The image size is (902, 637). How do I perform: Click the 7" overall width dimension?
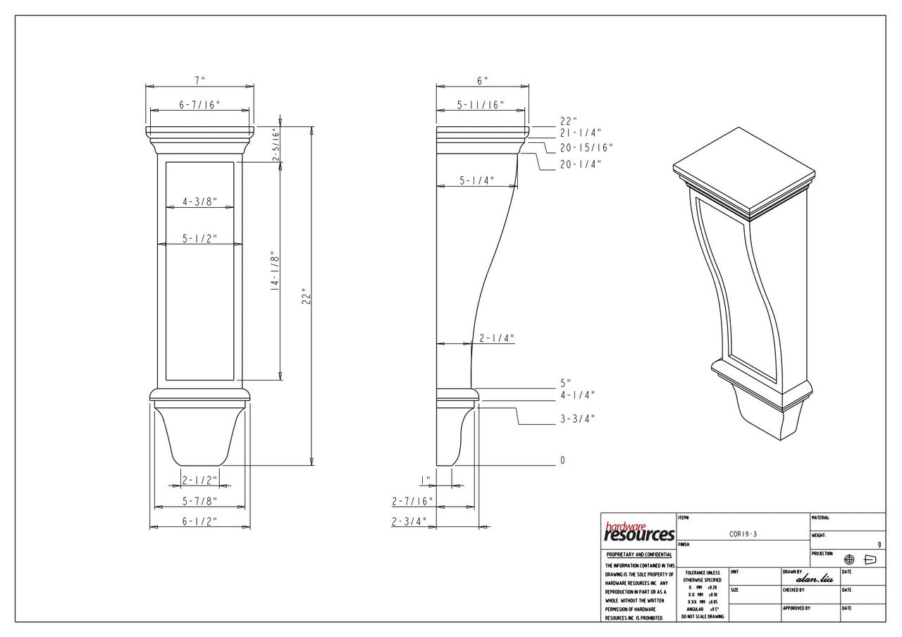200,80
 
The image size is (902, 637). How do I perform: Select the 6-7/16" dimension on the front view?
199,105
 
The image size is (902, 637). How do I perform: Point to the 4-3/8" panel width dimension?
199,202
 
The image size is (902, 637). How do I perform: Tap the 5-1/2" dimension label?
199,239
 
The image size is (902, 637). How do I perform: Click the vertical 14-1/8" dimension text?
275,273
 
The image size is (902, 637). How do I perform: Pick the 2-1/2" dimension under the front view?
200,481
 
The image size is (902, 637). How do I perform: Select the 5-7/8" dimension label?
199,502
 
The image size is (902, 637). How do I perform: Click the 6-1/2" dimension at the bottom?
199,521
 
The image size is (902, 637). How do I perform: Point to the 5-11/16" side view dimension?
481,105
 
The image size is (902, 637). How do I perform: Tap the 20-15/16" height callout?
586,148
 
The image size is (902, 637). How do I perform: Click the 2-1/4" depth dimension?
497,339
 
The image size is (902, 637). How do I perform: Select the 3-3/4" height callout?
577,419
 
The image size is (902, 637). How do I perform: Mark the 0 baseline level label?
562,461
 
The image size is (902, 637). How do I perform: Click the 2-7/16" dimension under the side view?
412,502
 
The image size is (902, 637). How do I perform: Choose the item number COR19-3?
743,535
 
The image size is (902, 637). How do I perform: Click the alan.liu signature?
814,579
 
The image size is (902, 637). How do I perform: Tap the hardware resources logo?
638,533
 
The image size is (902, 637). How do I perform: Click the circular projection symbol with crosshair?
849,559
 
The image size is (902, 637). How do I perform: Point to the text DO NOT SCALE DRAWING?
702,617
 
